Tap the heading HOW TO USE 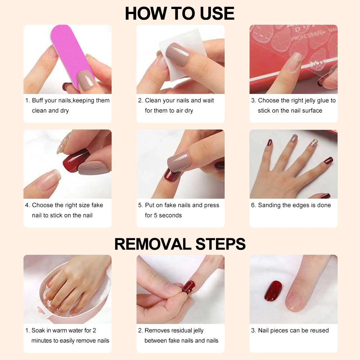[180, 13]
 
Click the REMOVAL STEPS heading [180, 244]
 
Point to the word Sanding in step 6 [270, 205]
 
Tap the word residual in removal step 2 [182, 330]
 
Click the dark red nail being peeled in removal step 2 [188, 287]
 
